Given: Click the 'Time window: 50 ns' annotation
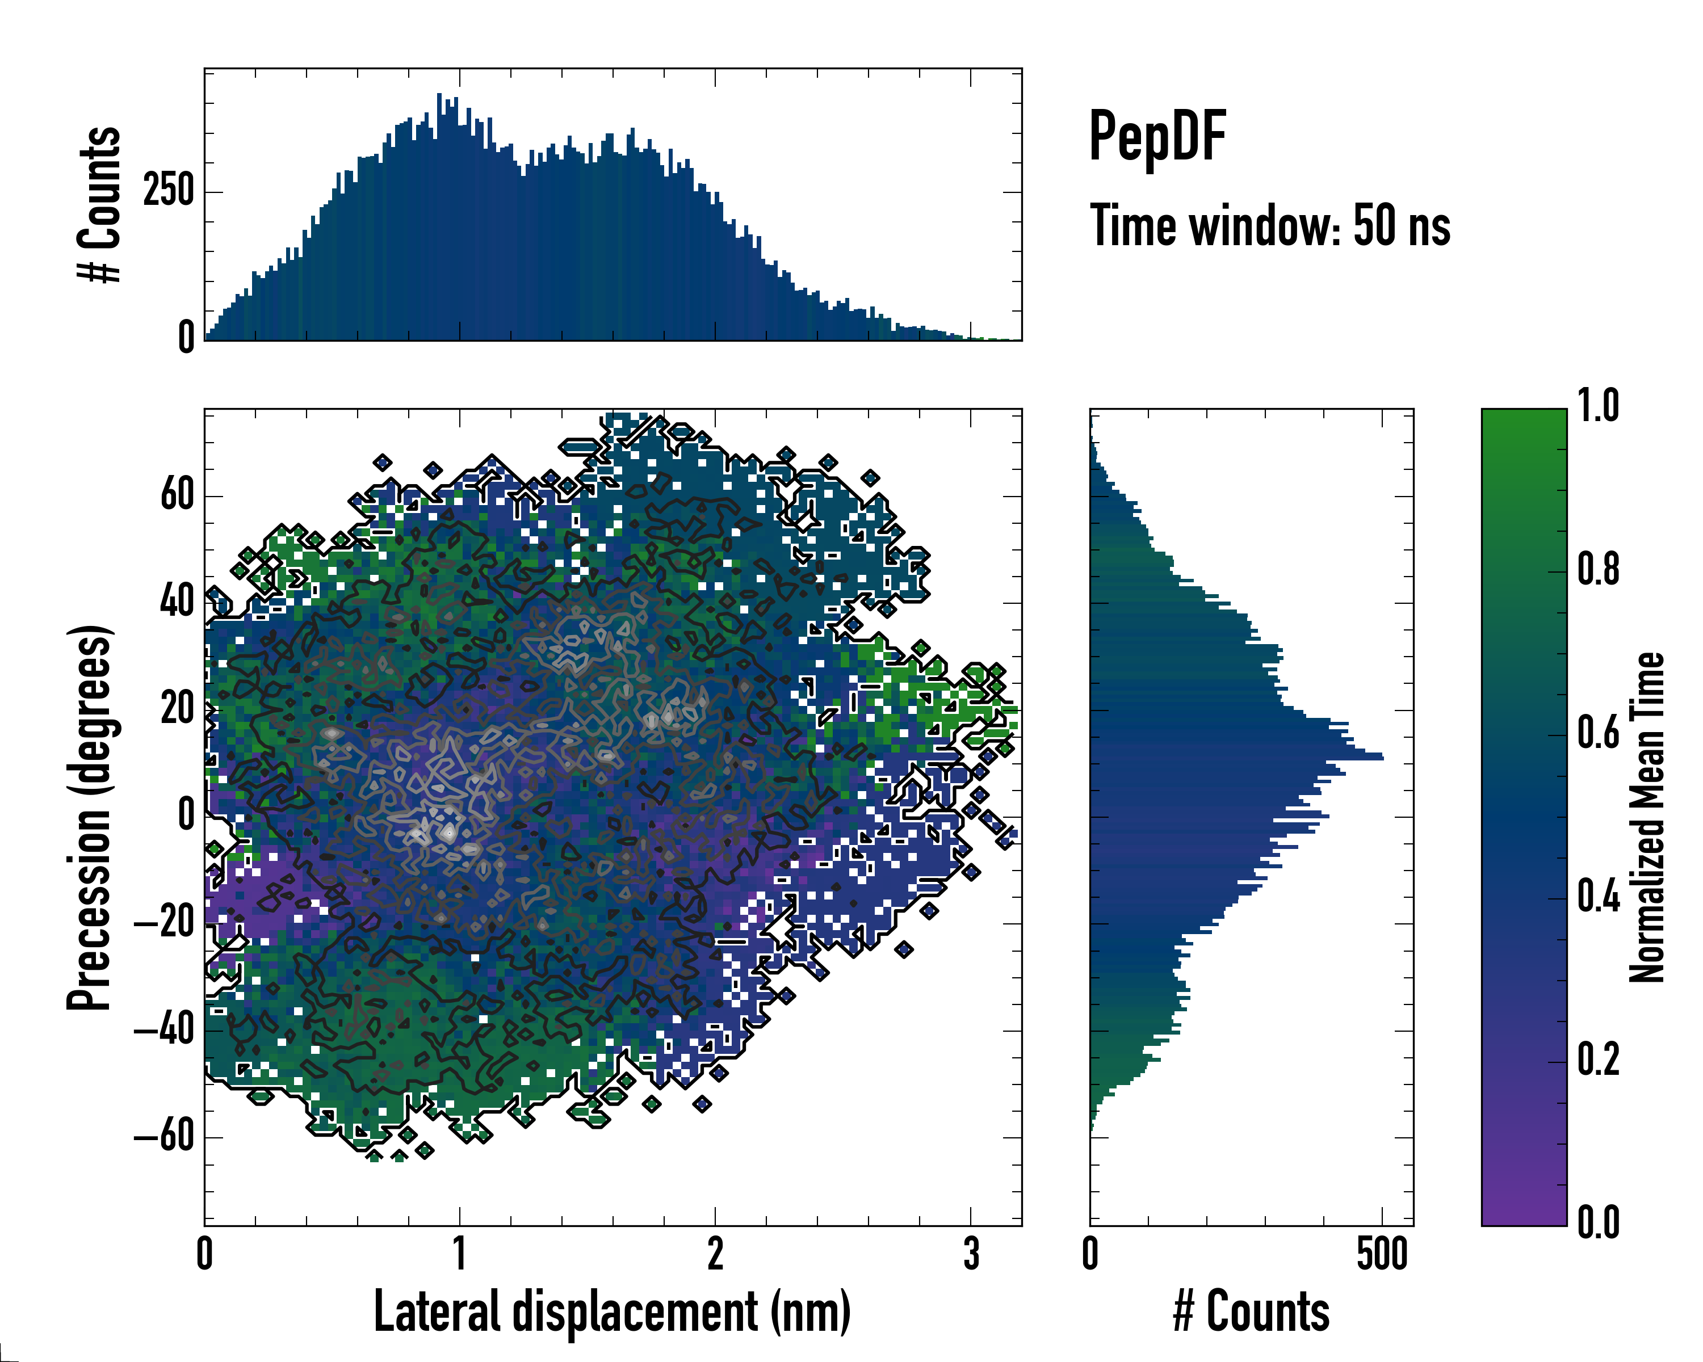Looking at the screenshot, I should click(x=1269, y=226).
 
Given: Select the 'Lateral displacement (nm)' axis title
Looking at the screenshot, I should click(x=612, y=1311).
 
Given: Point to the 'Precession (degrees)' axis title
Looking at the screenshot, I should click(x=89, y=817).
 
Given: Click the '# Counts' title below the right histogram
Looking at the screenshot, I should click(x=1251, y=1311).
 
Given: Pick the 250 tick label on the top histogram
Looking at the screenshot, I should click(x=168, y=191).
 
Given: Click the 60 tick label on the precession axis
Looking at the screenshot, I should click(x=177, y=496).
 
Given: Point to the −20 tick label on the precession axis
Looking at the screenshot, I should click(x=163, y=923).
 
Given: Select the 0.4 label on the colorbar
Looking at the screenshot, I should click(x=1598, y=897).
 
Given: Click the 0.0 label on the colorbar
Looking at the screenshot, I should click(x=1598, y=1222).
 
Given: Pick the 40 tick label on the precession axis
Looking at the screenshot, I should click(x=177, y=603).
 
